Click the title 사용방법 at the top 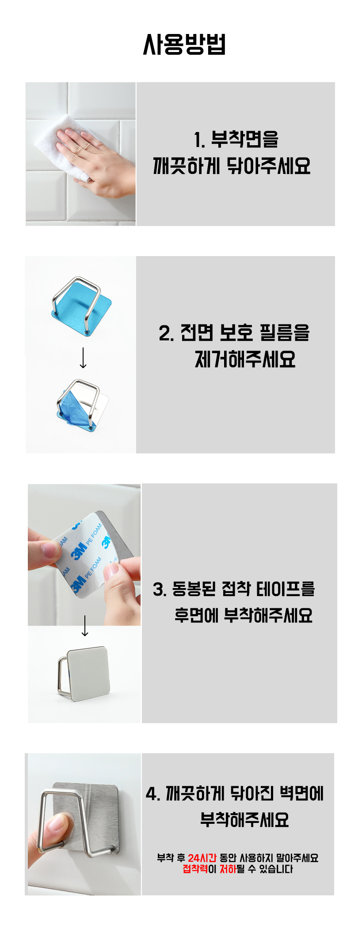click(x=184, y=45)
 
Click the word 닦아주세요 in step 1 click(x=269, y=166)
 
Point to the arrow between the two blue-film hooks click(x=83, y=358)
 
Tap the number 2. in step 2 click(x=166, y=333)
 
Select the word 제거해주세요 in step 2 click(x=245, y=359)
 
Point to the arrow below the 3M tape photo click(x=85, y=626)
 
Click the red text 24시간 click(x=202, y=858)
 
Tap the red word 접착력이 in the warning click(x=200, y=869)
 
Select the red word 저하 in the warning click(x=228, y=869)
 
